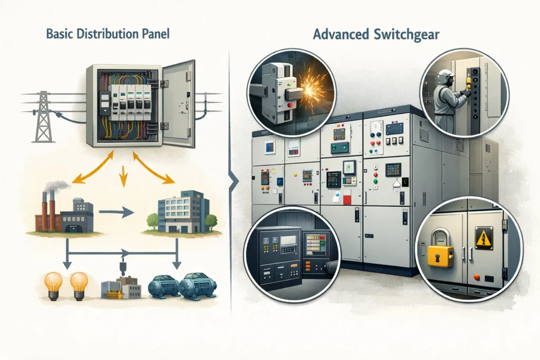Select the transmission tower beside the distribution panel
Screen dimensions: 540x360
(43, 116)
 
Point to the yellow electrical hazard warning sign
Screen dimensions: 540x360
(484, 238)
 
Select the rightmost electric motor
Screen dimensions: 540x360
(197, 288)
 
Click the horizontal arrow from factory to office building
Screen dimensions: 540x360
(117, 212)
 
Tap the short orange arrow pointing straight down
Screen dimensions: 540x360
(123, 176)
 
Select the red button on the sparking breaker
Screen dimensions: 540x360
(291, 105)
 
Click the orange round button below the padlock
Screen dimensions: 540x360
(477, 277)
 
